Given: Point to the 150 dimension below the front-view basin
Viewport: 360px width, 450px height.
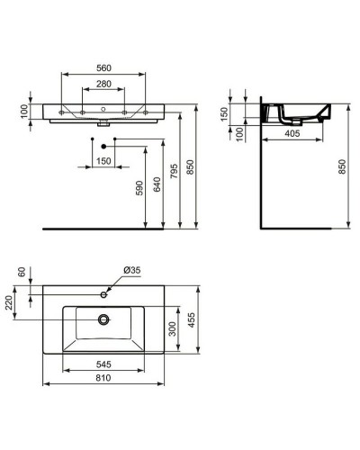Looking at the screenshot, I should (x=105, y=161).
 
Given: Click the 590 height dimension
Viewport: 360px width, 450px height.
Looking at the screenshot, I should (x=138, y=190).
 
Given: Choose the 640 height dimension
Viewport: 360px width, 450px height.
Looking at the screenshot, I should (x=158, y=184).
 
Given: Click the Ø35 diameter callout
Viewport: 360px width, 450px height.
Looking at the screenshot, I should (x=132, y=272).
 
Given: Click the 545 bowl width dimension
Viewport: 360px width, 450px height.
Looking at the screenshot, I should (x=105, y=365).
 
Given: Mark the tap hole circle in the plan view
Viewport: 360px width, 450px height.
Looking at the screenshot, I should (x=105, y=294).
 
